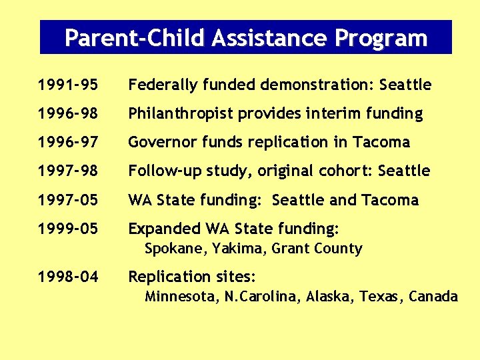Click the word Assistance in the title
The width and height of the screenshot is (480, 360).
[x=270, y=38]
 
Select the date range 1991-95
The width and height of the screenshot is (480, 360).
[x=68, y=85]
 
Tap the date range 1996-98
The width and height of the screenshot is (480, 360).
[x=68, y=114]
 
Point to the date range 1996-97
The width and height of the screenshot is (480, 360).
[x=68, y=143]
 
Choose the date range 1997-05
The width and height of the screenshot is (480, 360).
[x=68, y=200]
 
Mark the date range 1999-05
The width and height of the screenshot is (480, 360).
[x=68, y=229]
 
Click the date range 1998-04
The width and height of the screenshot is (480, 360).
[x=68, y=277]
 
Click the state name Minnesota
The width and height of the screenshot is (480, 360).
[x=180, y=297]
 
